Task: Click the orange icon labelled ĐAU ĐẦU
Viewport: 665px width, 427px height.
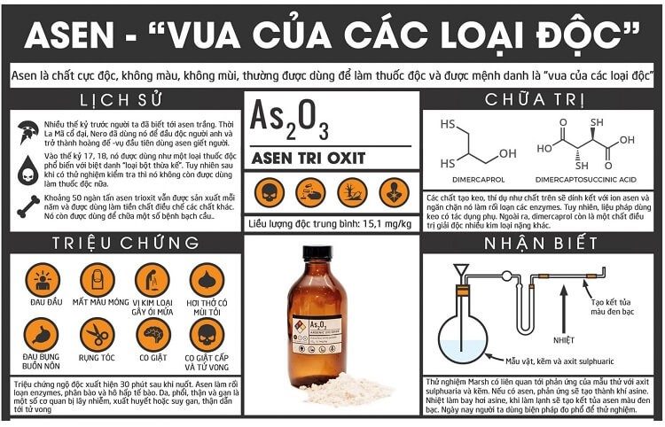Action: (x=42, y=280)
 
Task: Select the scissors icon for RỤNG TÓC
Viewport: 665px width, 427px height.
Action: (x=97, y=334)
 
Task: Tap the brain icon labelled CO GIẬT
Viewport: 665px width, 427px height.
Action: (x=153, y=334)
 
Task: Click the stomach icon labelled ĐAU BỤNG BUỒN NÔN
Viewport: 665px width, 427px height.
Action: (x=42, y=334)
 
